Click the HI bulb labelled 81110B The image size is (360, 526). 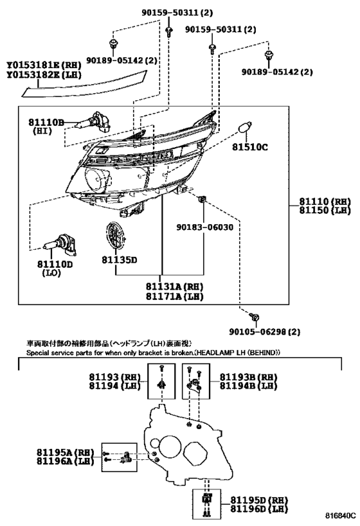point(93,122)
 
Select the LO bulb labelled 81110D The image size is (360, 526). point(59,245)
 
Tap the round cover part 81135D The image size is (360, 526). point(116,236)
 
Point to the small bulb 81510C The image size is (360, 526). point(244,129)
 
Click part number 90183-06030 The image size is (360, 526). point(205,227)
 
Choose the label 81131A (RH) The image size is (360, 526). point(175,286)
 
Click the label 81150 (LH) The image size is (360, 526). point(325,210)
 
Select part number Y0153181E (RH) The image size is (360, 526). point(44,65)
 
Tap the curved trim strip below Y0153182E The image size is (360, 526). point(85,85)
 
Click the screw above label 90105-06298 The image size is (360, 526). point(255,317)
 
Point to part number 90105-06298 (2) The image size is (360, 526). point(265,332)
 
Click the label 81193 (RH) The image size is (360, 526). point(114,377)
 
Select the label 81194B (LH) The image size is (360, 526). point(249,386)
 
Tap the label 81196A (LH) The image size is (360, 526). point(65,461)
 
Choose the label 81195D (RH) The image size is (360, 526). point(259,500)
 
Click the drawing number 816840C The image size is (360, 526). point(340,515)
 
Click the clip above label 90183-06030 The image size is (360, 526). point(203,199)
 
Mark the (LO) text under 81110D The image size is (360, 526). point(51,273)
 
